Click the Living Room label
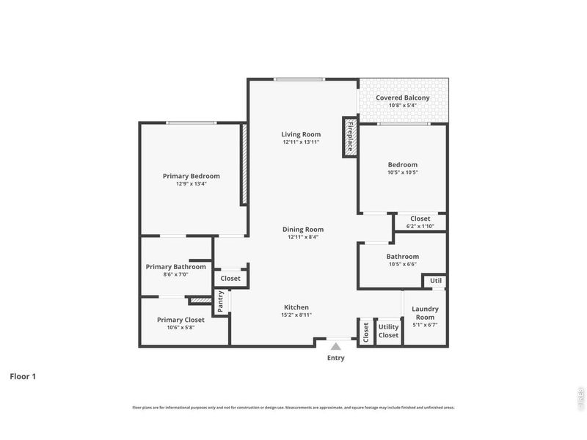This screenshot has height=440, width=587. (302, 134)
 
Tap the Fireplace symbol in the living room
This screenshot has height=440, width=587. (350, 136)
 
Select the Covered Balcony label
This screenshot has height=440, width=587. (402, 98)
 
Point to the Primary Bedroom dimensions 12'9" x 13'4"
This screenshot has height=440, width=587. (191, 185)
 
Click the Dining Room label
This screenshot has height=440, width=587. (303, 230)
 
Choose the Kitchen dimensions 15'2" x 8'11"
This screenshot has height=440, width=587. (297, 316)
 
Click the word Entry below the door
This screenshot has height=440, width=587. (335, 359)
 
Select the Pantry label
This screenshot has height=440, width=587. (220, 301)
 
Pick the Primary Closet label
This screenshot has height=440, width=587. (181, 320)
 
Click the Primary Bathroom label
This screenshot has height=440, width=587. (175, 267)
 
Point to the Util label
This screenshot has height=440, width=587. (436, 281)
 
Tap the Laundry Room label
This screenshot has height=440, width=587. (425, 313)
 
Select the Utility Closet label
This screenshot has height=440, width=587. (388, 331)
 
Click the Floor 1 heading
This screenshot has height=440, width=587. (22, 376)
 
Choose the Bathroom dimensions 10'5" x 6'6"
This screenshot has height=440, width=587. (402, 265)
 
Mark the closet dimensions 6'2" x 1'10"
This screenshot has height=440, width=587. (420, 227)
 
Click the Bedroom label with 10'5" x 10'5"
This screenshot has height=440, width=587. (402, 165)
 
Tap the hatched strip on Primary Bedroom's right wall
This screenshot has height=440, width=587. (244, 164)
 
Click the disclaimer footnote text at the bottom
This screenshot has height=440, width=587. (293, 407)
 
